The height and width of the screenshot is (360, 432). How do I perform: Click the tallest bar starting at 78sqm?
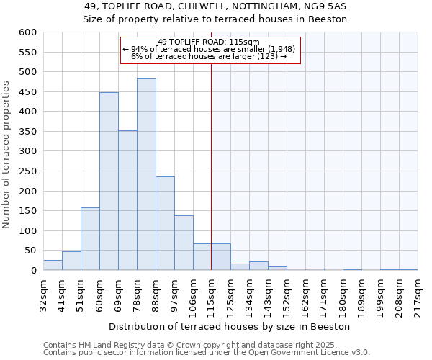pyautogui.click(x=146, y=174)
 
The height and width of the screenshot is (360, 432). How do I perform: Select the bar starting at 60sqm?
pyautogui.click(x=109, y=181)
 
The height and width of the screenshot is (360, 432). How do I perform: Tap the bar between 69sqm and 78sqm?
pyautogui.click(x=127, y=200)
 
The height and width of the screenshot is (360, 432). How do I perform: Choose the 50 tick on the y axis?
pyautogui.click(x=30, y=251)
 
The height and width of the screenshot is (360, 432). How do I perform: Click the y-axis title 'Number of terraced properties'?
pyautogui.click(x=6, y=155)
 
